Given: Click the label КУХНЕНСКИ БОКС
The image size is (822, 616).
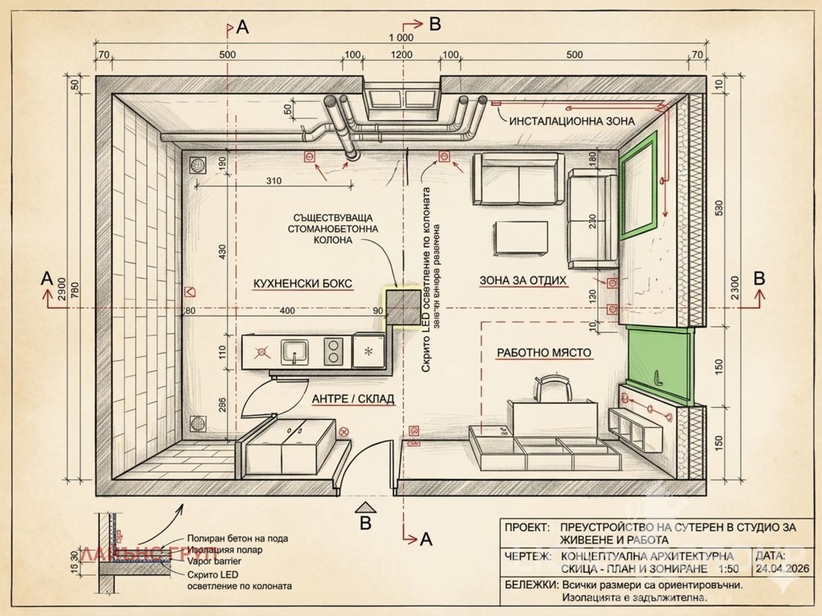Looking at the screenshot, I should [303, 283].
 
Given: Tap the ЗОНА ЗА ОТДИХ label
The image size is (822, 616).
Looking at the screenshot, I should [523, 280].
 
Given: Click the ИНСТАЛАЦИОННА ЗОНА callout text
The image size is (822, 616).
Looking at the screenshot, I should [572, 121].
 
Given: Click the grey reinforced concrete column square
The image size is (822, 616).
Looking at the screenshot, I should [402, 307].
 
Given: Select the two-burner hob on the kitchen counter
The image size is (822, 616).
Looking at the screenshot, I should [334, 351].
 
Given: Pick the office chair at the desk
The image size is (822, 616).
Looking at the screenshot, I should [553, 390].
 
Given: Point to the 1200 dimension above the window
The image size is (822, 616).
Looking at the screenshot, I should [401, 55].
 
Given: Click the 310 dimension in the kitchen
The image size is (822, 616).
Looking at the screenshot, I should [274, 180].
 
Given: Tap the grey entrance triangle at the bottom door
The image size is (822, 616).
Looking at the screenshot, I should [366, 507].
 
